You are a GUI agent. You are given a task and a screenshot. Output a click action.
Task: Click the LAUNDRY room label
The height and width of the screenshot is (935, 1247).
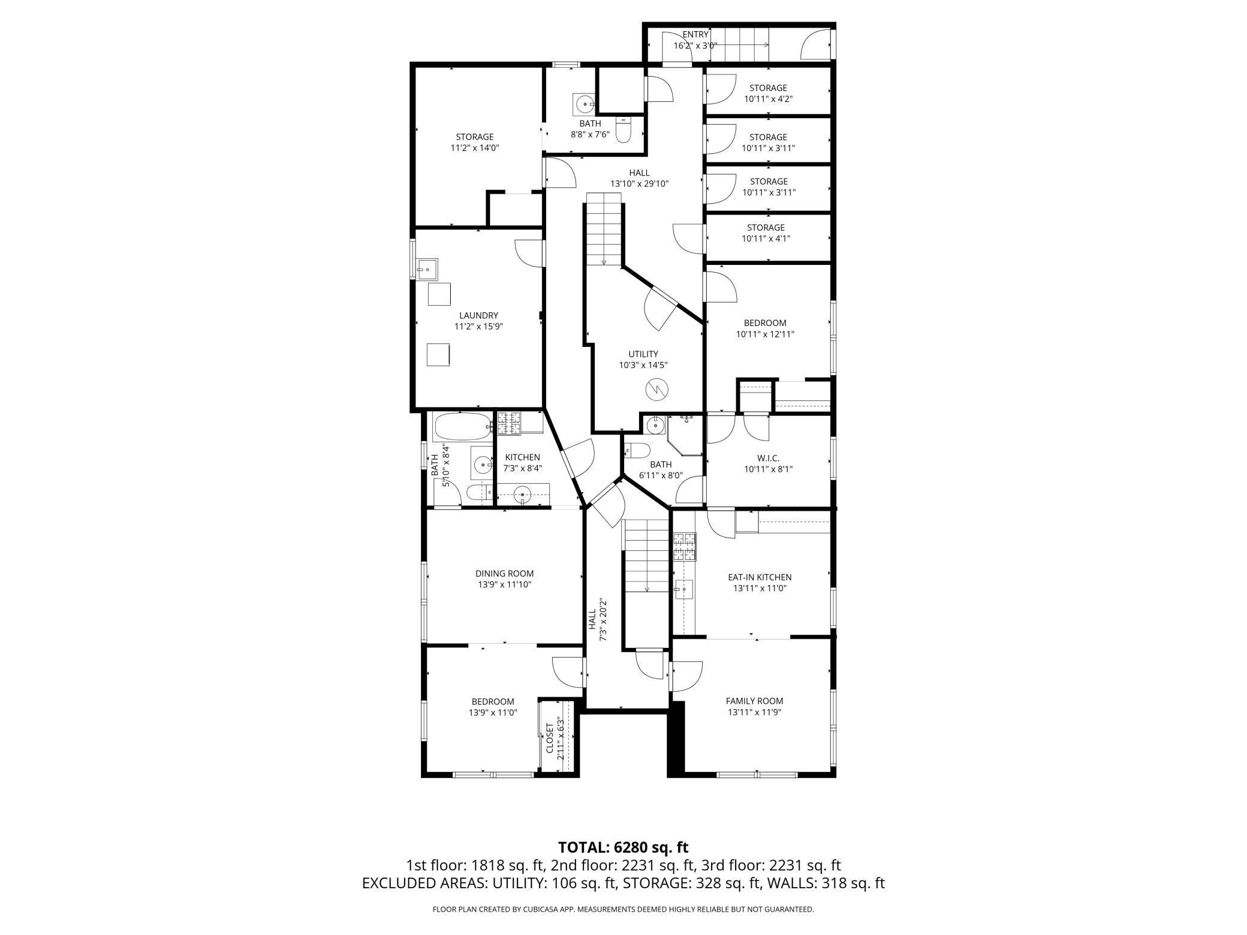click(478, 315)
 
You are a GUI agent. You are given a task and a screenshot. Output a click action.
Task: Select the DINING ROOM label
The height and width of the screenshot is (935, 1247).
click(504, 574)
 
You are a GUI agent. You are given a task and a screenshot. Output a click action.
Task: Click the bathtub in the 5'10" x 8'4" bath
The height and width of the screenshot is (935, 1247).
click(462, 427)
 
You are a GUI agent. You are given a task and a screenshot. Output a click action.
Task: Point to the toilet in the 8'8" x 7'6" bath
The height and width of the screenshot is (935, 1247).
click(623, 129)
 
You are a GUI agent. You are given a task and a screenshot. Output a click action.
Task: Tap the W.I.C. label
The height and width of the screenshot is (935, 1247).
click(768, 459)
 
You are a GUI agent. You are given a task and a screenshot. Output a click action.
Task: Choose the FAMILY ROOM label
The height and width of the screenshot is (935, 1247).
click(754, 701)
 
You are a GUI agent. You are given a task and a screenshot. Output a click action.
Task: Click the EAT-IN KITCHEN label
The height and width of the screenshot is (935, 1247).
click(760, 577)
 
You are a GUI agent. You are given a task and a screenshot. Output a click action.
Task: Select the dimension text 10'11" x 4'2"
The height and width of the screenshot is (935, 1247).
click(768, 99)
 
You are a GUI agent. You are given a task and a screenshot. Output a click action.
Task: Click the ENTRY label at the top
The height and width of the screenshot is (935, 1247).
click(695, 35)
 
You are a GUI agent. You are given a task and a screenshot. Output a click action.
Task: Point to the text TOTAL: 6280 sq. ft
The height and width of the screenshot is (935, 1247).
click(623, 847)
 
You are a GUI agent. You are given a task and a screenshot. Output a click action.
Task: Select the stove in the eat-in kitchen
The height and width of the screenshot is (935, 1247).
click(685, 546)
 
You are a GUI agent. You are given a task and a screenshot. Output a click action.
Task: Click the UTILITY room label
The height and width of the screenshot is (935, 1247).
click(643, 354)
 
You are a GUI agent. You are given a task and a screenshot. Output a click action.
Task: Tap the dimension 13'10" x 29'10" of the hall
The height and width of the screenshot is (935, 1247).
click(639, 184)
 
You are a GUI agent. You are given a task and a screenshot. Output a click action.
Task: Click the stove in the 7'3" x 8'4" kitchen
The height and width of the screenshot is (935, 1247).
click(508, 423)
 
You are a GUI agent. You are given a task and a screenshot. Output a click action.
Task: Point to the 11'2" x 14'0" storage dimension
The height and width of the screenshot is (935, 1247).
click(475, 148)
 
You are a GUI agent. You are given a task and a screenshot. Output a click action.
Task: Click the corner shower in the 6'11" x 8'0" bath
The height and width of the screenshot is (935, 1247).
click(685, 435)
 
